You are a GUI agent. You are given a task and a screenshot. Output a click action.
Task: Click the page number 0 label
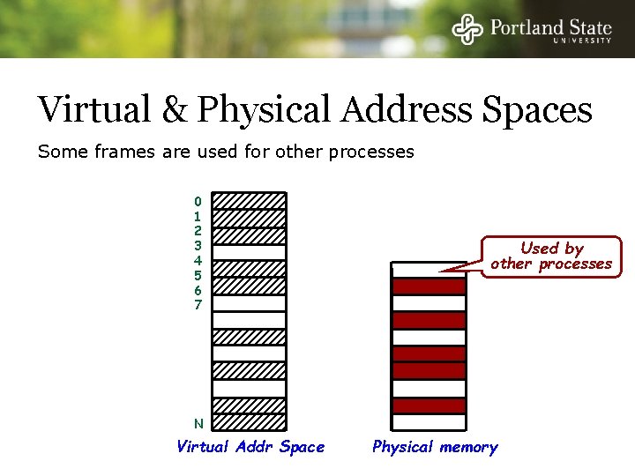[198, 201]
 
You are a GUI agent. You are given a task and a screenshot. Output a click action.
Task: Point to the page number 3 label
[198, 246]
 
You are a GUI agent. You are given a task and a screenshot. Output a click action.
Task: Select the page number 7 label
[198, 305]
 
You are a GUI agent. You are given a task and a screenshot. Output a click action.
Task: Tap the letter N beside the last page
[198, 423]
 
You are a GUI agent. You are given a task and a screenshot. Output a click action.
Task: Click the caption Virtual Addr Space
[250, 447]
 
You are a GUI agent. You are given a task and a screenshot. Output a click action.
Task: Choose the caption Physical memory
[435, 447]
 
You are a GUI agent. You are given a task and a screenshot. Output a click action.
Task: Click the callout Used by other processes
[551, 256]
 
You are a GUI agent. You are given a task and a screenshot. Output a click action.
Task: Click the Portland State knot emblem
[468, 29]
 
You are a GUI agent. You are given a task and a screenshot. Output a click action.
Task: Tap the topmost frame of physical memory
[429, 270]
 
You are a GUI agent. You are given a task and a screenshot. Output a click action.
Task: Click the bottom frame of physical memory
[429, 421]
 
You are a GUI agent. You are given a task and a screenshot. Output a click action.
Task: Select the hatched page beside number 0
[250, 201]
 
